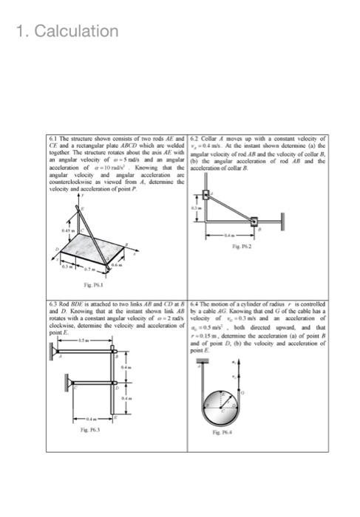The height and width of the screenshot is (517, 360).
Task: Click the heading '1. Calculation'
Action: tap(66, 31)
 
